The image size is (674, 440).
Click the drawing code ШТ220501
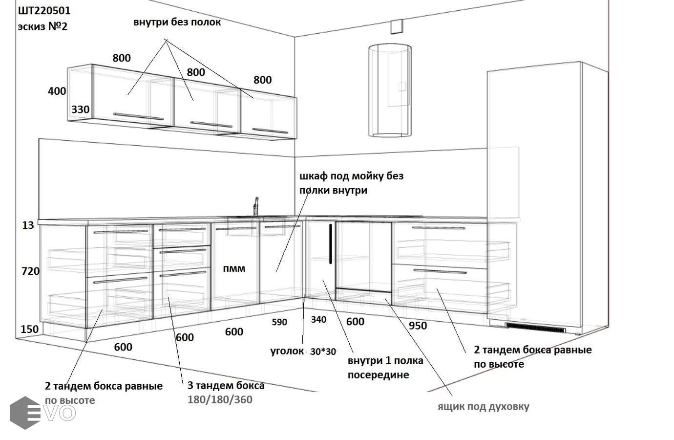[44, 11]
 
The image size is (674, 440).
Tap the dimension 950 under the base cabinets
[418, 326]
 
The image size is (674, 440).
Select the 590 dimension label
[279, 322]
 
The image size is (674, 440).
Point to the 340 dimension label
[318, 320]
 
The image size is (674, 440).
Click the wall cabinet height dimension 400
[57, 91]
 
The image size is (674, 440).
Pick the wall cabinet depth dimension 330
[80, 110]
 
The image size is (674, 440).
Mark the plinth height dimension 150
[30, 329]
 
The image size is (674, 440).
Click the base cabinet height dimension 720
[30, 271]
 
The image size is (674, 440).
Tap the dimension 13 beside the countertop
[28, 225]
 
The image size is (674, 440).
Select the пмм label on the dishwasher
[234, 268]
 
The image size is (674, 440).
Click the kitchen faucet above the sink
[256, 206]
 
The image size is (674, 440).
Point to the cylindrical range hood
[390, 90]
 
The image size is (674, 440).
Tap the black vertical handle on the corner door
[331, 244]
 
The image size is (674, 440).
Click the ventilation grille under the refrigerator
[535, 328]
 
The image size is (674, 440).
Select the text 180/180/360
[220, 399]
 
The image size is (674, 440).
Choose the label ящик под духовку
[483, 407]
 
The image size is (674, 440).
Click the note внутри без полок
[177, 22]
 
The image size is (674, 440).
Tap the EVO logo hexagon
[25, 413]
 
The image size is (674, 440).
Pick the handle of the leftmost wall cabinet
[138, 116]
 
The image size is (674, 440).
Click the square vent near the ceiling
[397, 26]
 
